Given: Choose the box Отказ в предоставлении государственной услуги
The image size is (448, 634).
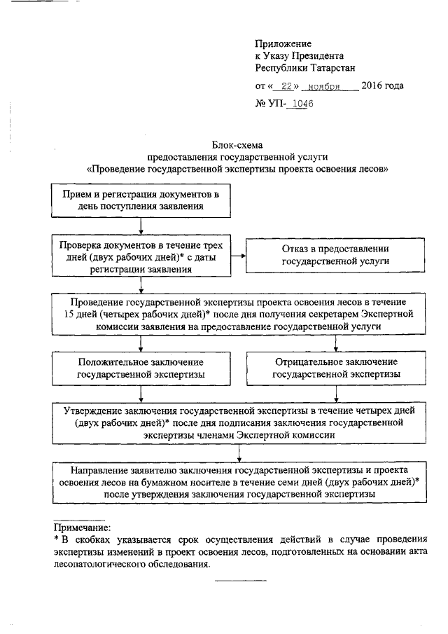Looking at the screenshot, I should tap(335, 255).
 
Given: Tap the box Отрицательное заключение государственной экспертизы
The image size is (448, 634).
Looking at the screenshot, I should tap(336, 368).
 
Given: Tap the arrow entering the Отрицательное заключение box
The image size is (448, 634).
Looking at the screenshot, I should tap(337, 343).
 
